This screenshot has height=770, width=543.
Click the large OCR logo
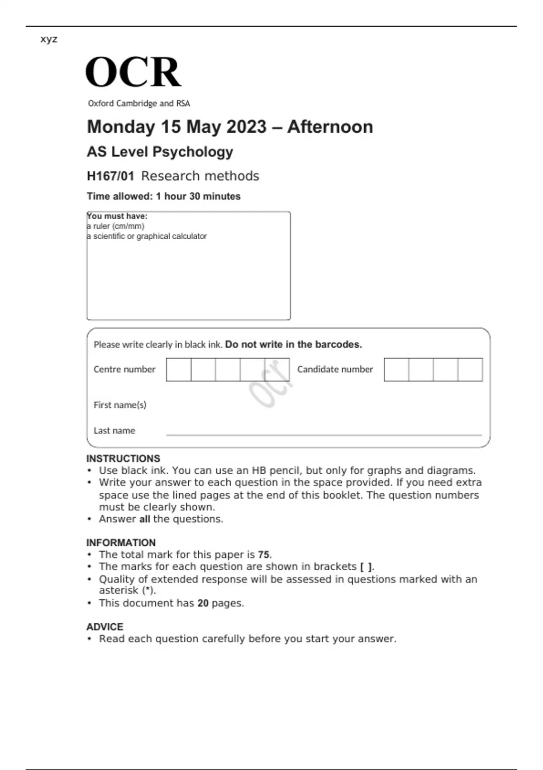(x=133, y=72)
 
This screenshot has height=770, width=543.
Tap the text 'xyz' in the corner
(x=49, y=39)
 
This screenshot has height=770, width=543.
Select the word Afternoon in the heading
(x=330, y=127)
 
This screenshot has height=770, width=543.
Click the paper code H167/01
(x=110, y=176)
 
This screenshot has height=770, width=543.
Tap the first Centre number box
(x=179, y=370)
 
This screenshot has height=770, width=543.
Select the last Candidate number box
(x=470, y=370)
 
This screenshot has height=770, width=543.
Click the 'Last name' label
(x=114, y=431)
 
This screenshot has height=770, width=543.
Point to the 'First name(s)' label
(x=120, y=405)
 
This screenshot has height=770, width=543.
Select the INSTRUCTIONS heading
(x=123, y=458)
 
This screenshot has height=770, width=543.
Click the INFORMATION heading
(x=121, y=543)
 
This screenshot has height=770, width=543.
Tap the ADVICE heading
(x=105, y=627)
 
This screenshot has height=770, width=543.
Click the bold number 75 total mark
(x=263, y=554)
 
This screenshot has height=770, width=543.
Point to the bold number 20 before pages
(x=203, y=603)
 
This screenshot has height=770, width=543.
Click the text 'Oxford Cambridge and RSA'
(x=139, y=103)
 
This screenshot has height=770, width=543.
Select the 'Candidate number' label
(x=335, y=369)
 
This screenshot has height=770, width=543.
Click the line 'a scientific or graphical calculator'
(x=147, y=236)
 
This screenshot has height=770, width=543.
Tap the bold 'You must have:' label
(x=117, y=216)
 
